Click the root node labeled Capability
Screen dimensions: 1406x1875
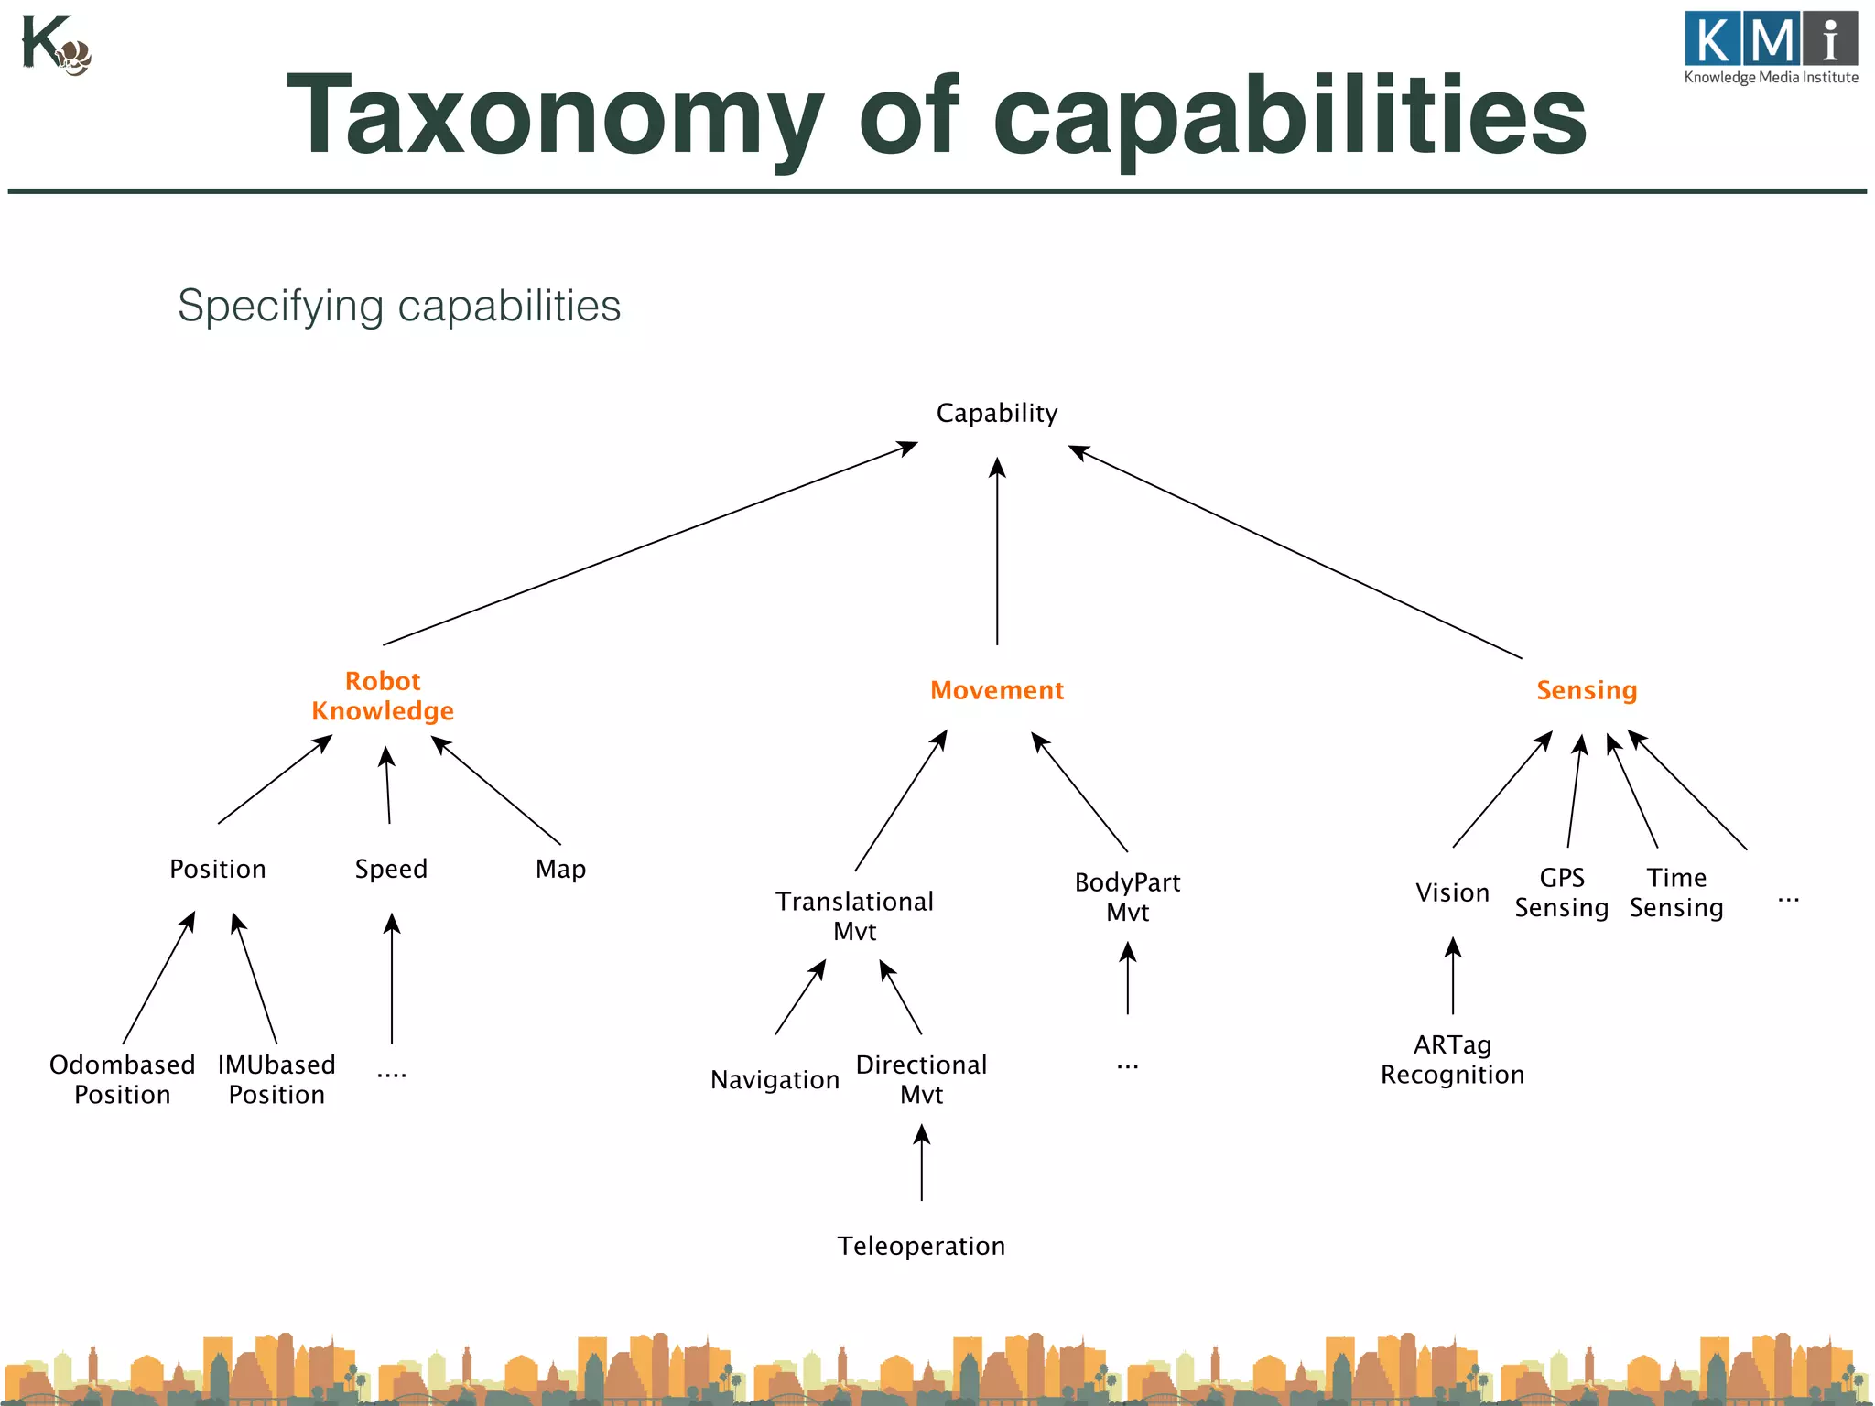coord(996,413)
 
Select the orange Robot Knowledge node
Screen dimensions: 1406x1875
coord(383,696)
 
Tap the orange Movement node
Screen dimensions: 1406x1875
coord(997,690)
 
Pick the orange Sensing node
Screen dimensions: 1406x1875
coord(1587,690)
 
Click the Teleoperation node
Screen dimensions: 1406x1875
coord(921,1246)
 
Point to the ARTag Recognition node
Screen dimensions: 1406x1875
coord(1452,1059)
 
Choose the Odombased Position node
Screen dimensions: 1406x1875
coord(123,1079)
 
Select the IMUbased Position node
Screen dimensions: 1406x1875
coord(276,1079)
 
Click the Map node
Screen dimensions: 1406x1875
coord(560,869)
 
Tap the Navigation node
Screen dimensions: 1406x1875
coord(775,1080)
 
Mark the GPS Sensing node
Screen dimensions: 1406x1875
coord(1561,892)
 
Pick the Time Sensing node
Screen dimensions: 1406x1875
coord(1676,892)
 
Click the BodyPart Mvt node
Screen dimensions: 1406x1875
coord(1127,897)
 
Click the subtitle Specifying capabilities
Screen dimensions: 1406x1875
coord(399,306)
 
